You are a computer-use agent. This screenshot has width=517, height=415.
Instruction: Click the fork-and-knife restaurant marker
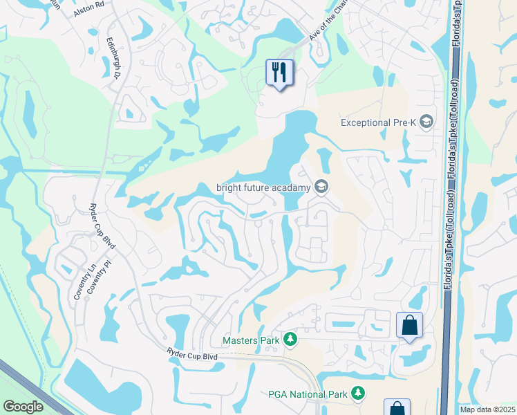click(x=279, y=73)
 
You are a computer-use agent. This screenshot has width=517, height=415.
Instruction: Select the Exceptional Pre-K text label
click(x=378, y=122)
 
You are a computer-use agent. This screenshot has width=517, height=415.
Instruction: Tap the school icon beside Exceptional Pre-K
click(x=426, y=122)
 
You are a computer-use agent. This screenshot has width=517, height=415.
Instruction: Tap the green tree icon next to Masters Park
click(x=291, y=340)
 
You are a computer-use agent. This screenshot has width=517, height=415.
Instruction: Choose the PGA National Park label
click(x=306, y=394)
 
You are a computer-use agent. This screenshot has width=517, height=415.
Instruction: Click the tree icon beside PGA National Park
click(x=357, y=394)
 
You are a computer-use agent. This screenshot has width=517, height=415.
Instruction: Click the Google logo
click(x=23, y=407)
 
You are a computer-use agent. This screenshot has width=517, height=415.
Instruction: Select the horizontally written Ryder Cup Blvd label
click(x=192, y=354)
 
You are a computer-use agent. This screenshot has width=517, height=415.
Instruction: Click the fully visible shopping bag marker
click(x=409, y=325)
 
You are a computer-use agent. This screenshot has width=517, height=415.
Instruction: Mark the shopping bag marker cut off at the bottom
click(x=397, y=408)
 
